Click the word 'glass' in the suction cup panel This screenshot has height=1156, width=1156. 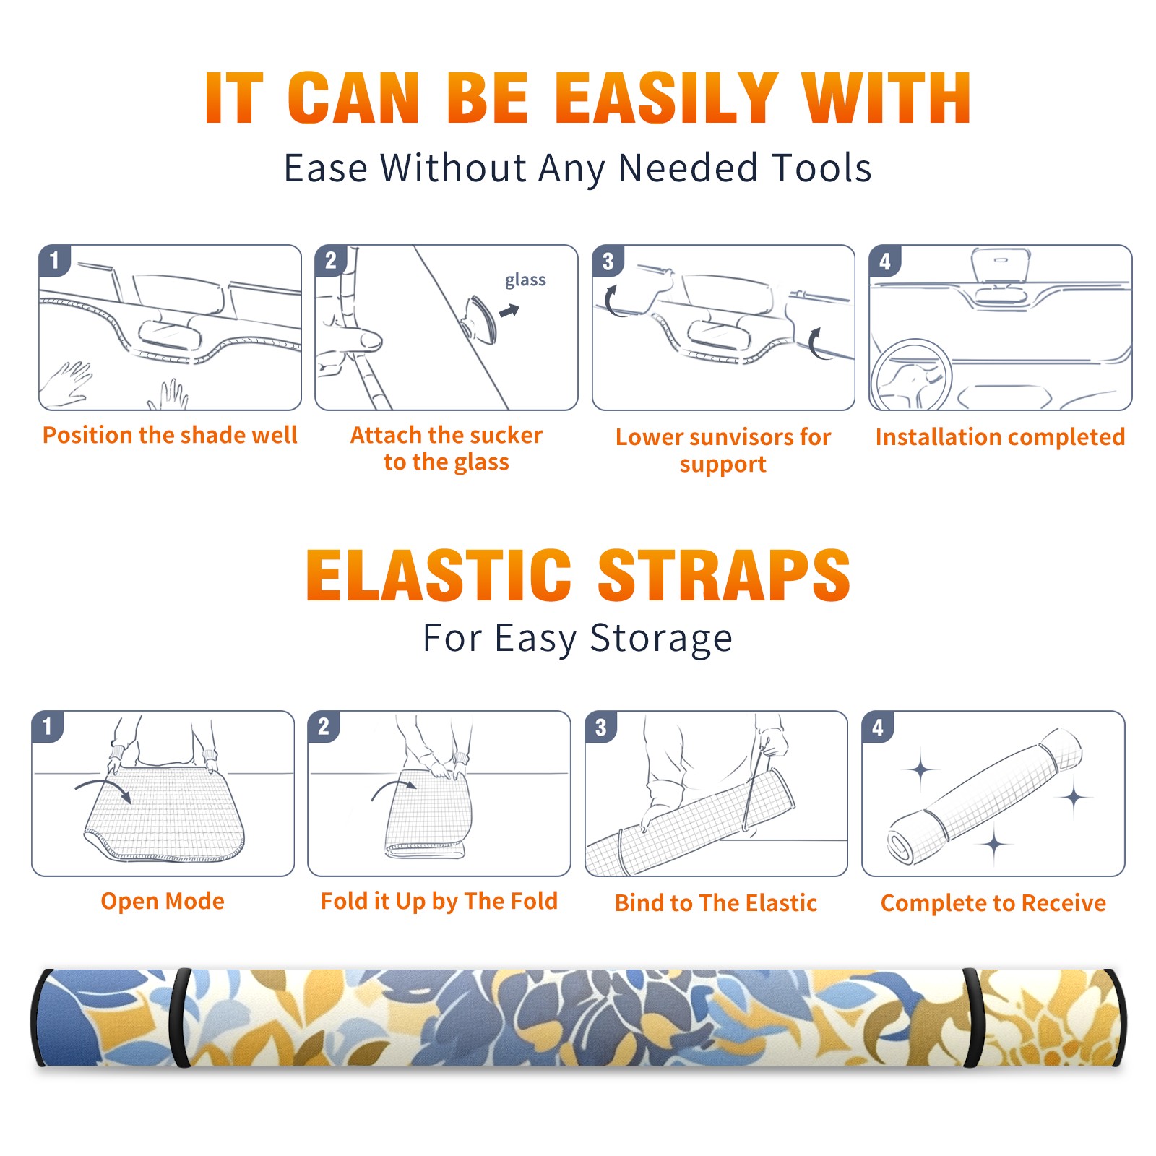click(x=525, y=280)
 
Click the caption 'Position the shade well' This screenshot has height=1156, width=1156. click(x=170, y=435)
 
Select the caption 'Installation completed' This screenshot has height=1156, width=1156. click(x=1000, y=436)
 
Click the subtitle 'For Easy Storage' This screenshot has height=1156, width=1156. click(x=578, y=638)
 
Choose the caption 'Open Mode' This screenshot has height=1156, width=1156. click(x=163, y=901)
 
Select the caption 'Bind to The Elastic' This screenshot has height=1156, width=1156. click(x=716, y=902)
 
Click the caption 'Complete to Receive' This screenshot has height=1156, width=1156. click(x=993, y=902)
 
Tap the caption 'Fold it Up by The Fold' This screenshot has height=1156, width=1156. click(x=439, y=901)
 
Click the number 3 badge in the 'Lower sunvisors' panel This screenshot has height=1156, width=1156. click(x=608, y=262)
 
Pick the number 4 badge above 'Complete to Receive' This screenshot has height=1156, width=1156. click(x=878, y=727)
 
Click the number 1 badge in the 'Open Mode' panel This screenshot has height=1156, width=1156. click(x=48, y=726)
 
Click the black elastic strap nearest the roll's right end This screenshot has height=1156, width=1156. click(x=972, y=1018)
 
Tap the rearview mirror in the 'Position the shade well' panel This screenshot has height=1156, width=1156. click(x=171, y=335)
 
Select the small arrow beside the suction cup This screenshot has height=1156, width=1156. click(x=510, y=311)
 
